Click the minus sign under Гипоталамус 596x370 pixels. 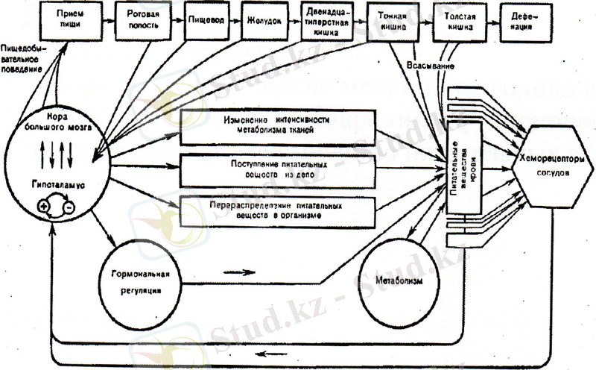69,204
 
